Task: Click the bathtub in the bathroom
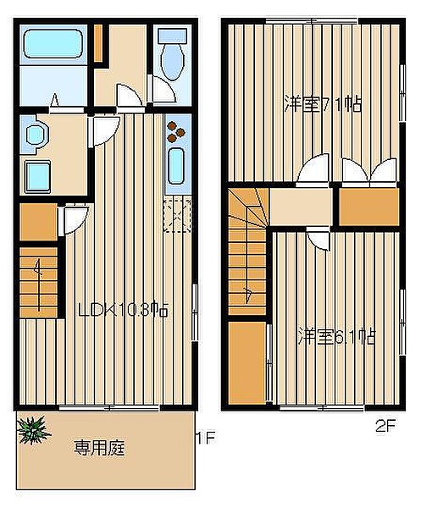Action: pyautogui.click(x=53, y=44)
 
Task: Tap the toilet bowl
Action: pyautogui.click(x=173, y=53)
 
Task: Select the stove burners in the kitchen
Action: pyautogui.click(x=175, y=131)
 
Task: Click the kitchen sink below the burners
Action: pyautogui.click(x=176, y=166)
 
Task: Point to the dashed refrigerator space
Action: pyautogui.click(x=177, y=216)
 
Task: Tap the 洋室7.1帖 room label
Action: pyautogui.click(x=323, y=104)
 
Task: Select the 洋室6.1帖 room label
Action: pyautogui.click(x=337, y=336)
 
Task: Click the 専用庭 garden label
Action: pyautogui.click(x=99, y=448)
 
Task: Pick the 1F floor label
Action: pyautogui.click(x=205, y=438)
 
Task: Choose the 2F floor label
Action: pyautogui.click(x=385, y=426)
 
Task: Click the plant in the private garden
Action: pyautogui.click(x=32, y=429)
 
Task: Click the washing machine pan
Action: pyautogui.click(x=38, y=177)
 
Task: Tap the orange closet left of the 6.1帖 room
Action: pyautogui.click(x=247, y=363)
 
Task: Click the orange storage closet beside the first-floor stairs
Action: pyautogui.click(x=39, y=222)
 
